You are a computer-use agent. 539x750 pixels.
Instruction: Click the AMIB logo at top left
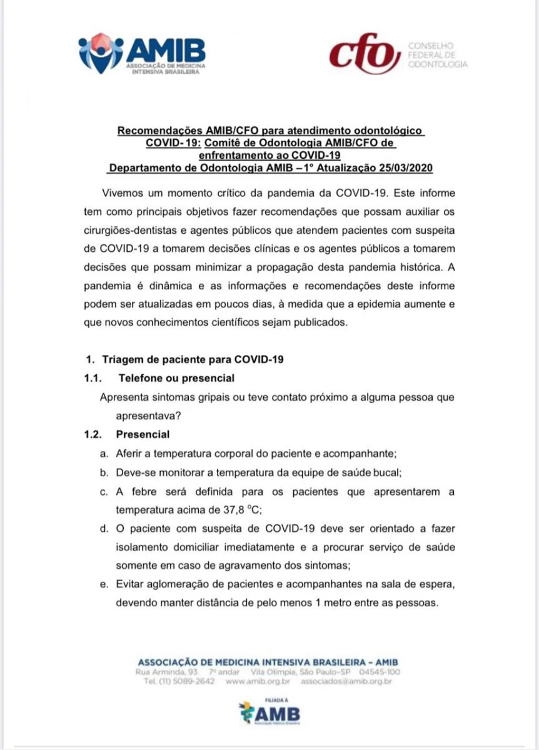coord(142,55)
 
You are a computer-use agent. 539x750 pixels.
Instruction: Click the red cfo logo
coord(365,54)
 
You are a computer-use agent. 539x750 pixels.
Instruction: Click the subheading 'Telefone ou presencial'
coord(176,378)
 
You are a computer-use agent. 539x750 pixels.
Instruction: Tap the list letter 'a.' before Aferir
coord(104,453)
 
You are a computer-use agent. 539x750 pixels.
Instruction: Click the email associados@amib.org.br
coord(346,681)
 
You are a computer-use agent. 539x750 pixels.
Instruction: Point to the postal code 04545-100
coord(380,672)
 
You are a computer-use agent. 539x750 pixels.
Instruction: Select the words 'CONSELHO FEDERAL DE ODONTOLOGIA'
coord(436,55)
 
